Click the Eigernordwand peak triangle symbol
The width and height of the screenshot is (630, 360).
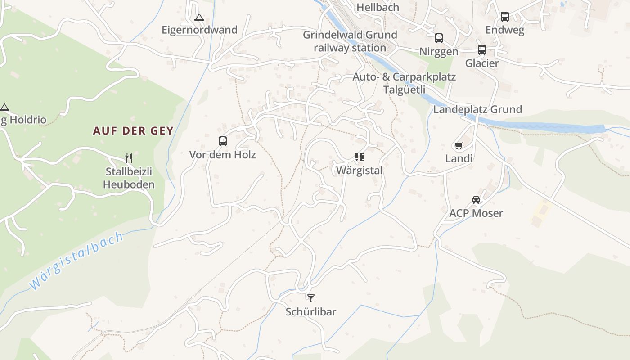(199, 18)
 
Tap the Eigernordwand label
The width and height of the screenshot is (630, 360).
(199, 30)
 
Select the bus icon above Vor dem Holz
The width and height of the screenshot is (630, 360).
(223, 141)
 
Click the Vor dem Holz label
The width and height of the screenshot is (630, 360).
(222, 155)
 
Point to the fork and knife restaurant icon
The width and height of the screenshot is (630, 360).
(129, 158)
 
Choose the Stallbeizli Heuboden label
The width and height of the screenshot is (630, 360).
(129, 178)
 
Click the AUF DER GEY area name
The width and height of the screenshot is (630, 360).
(133, 131)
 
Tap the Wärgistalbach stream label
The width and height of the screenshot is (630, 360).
(76, 261)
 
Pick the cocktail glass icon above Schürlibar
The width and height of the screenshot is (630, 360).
(310, 298)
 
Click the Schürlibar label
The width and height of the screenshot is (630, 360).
(311, 312)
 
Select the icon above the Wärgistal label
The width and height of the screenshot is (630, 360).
(359, 157)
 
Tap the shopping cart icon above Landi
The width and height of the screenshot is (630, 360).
(459, 145)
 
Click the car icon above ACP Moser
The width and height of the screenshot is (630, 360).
(476, 199)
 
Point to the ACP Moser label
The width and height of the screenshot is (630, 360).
(476, 213)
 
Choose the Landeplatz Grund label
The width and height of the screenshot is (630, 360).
(477, 109)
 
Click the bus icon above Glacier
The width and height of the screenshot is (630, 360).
(482, 50)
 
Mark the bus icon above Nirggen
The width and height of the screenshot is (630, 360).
(439, 38)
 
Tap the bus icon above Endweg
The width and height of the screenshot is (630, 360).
(505, 17)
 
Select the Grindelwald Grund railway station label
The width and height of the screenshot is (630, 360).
(350, 41)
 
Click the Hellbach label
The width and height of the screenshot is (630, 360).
(378, 7)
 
